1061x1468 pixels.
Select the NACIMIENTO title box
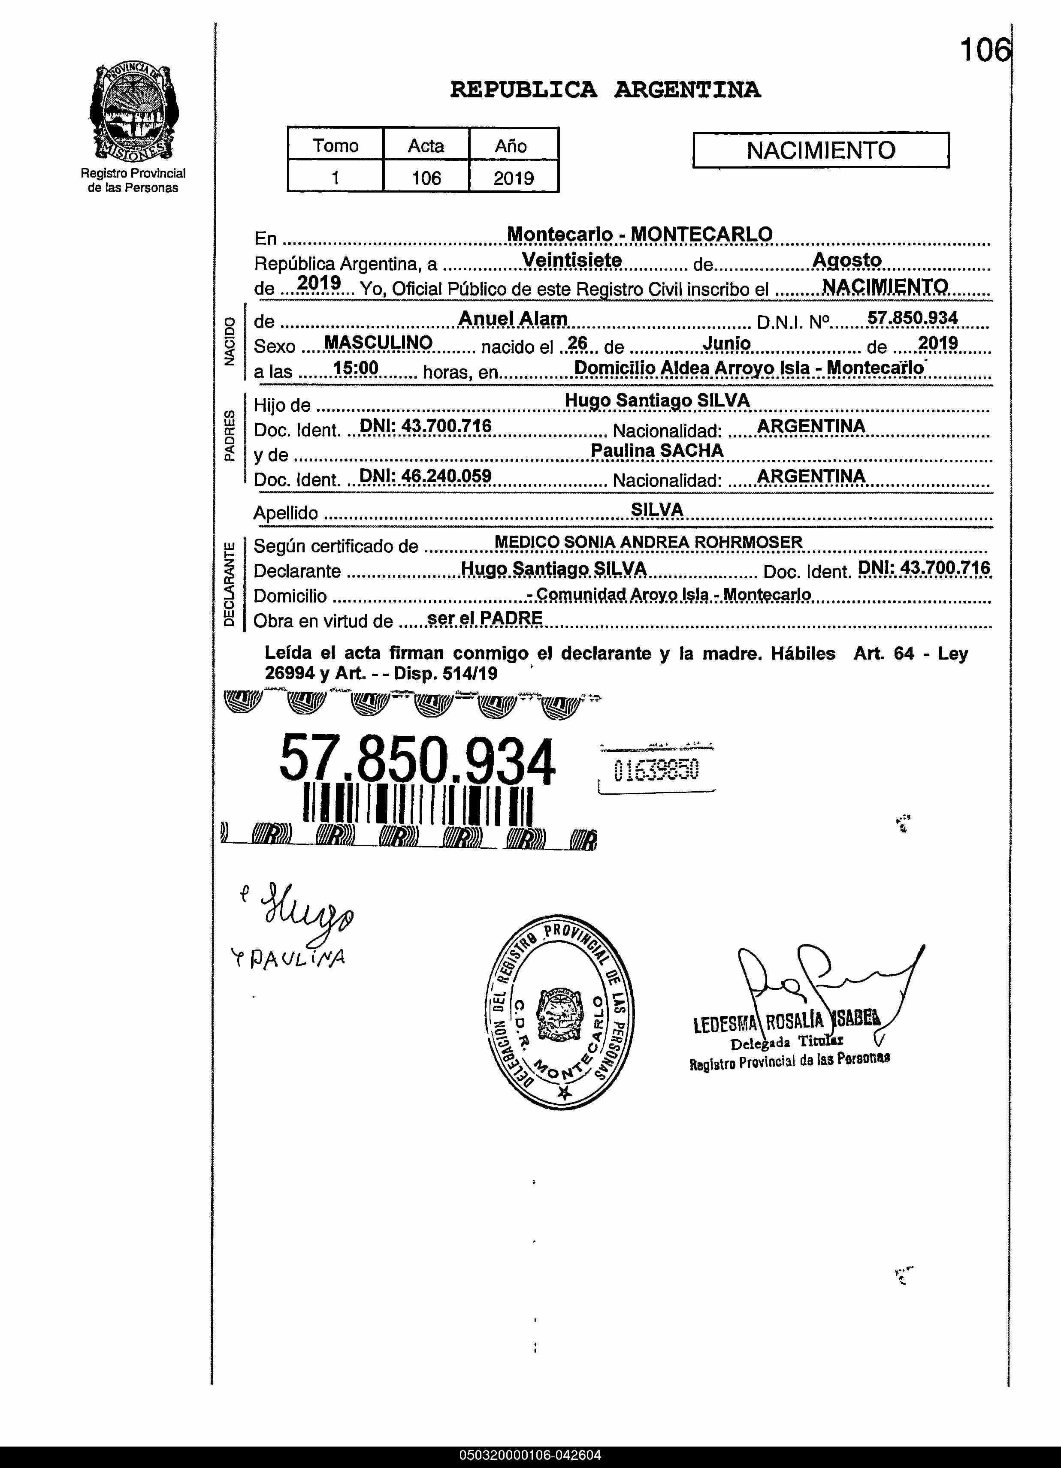[x=820, y=150]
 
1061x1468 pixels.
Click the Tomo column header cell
[x=336, y=145]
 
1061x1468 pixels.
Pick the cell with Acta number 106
[x=426, y=178]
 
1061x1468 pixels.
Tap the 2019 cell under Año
[x=514, y=178]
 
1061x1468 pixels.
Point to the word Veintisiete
[x=571, y=260]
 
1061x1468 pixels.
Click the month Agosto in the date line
[x=847, y=260]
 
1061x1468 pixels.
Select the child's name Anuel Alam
[x=513, y=319]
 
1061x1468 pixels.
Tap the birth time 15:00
[x=355, y=368]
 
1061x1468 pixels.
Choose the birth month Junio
[x=726, y=343]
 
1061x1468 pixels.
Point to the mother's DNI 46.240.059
[x=425, y=476]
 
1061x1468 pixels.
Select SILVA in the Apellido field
[x=656, y=509]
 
